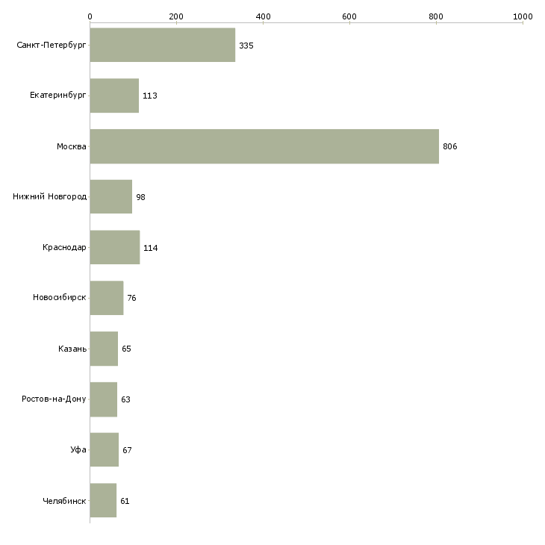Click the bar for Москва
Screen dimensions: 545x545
tap(264, 146)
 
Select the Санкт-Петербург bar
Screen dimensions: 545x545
tap(163, 45)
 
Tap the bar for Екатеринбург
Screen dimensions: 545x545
tap(114, 96)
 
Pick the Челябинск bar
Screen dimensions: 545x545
tap(103, 500)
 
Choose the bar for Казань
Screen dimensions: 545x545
tap(104, 349)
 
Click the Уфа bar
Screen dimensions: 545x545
tap(105, 449)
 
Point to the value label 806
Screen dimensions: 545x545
tap(449, 146)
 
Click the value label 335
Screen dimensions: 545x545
tap(246, 46)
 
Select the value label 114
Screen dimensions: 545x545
tap(151, 248)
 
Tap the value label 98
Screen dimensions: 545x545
tap(140, 197)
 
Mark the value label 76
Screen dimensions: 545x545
tap(131, 298)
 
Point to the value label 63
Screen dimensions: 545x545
tap(125, 399)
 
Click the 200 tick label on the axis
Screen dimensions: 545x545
tap(176, 16)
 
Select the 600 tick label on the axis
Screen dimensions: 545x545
tap(349, 16)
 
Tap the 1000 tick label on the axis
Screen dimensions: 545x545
tap(523, 16)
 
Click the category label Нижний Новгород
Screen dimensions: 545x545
tap(50, 197)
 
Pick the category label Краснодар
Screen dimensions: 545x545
tap(64, 247)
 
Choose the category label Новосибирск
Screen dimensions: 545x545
tap(60, 298)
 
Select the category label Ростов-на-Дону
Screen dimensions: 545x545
tap(54, 399)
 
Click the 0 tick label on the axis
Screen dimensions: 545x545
tap(90, 16)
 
